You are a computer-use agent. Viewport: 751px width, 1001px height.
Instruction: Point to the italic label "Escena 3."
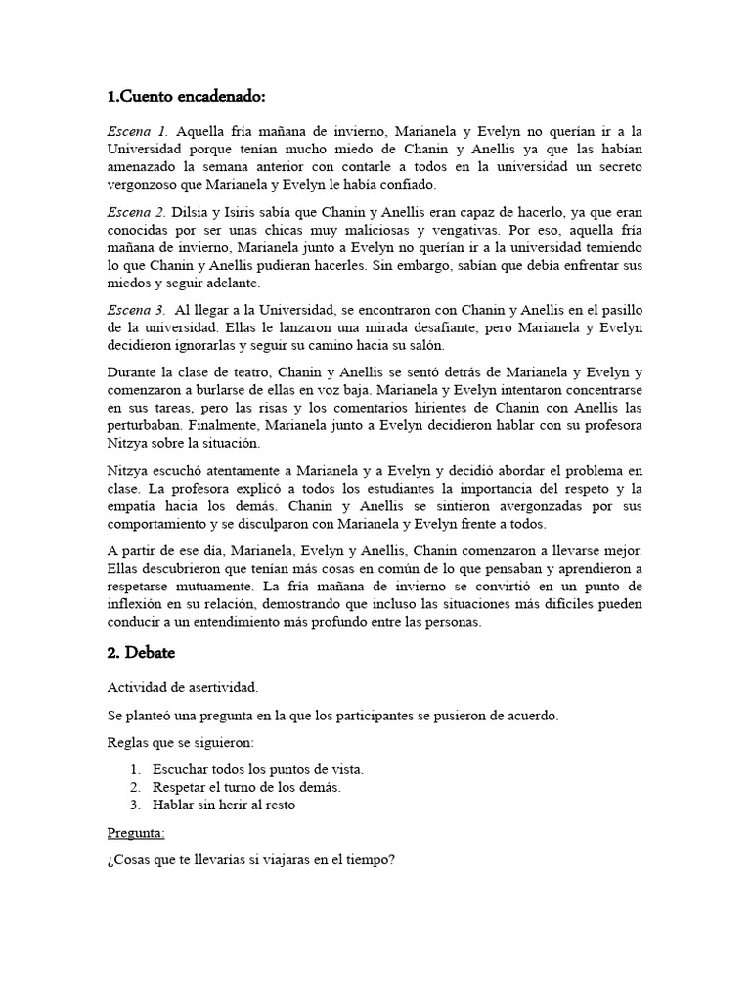[138, 310]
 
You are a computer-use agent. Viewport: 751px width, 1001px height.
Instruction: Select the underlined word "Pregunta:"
[136, 832]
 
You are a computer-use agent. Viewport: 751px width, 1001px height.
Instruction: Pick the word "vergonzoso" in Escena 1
[145, 185]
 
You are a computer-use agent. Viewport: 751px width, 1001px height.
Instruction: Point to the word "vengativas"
[495, 230]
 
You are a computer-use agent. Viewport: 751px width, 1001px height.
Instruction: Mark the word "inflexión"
[136, 604]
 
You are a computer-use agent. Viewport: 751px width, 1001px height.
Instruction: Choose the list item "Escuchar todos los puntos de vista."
[258, 769]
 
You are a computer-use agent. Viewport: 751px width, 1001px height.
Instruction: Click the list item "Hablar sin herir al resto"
[224, 805]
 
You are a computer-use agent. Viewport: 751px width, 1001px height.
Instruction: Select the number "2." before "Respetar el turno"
[135, 788]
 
